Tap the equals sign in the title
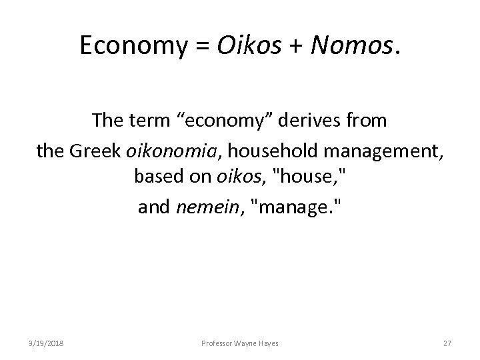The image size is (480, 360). tap(183, 45)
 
